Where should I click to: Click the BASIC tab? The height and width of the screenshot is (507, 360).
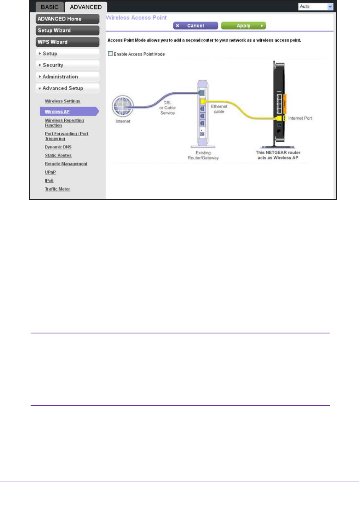pyautogui.click(x=49, y=7)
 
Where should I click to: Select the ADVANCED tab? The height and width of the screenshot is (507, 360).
pyautogui.click(x=86, y=7)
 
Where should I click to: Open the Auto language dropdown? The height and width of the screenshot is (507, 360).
pyautogui.click(x=316, y=6)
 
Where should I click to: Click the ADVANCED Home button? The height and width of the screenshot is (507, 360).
pyautogui.click(x=67, y=19)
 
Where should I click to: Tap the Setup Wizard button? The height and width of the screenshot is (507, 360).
pyautogui.click(x=67, y=30)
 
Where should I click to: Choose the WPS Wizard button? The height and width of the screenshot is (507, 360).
pyautogui.click(x=67, y=42)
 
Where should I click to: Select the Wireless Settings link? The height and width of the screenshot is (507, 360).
pyautogui.click(x=62, y=101)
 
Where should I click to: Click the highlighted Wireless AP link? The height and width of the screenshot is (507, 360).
pyautogui.click(x=57, y=112)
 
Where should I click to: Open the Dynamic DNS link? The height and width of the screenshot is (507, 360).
pyautogui.click(x=58, y=147)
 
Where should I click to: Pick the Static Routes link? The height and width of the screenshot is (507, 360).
pyautogui.click(x=58, y=155)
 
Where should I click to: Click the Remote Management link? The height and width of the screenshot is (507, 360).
pyautogui.click(x=66, y=164)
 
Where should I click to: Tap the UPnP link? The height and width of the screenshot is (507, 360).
pyautogui.click(x=50, y=172)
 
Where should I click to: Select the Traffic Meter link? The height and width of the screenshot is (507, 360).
pyautogui.click(x=57, y=189)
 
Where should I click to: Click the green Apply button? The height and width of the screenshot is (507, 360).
pyautogui.click(x=243, y=26)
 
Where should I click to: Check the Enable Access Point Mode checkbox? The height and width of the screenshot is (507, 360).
pyautogui.click(x=111, y=54)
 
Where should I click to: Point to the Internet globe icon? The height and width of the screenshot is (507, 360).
pyautogui.click(x=122, y=106)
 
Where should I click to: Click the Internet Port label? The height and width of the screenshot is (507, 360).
pyautogui.click(x=300, y=118)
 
